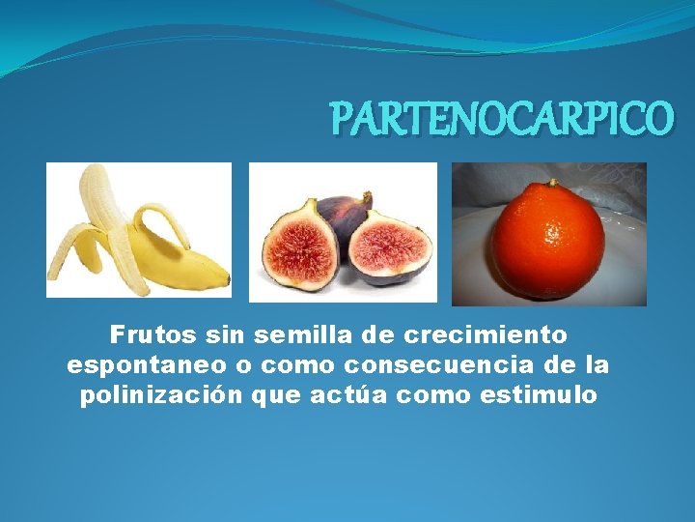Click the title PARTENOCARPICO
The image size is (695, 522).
501,118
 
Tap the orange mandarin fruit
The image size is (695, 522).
547,240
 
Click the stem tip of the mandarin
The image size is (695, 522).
553,182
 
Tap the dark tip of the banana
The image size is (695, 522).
228,283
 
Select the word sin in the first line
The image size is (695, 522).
225,334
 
